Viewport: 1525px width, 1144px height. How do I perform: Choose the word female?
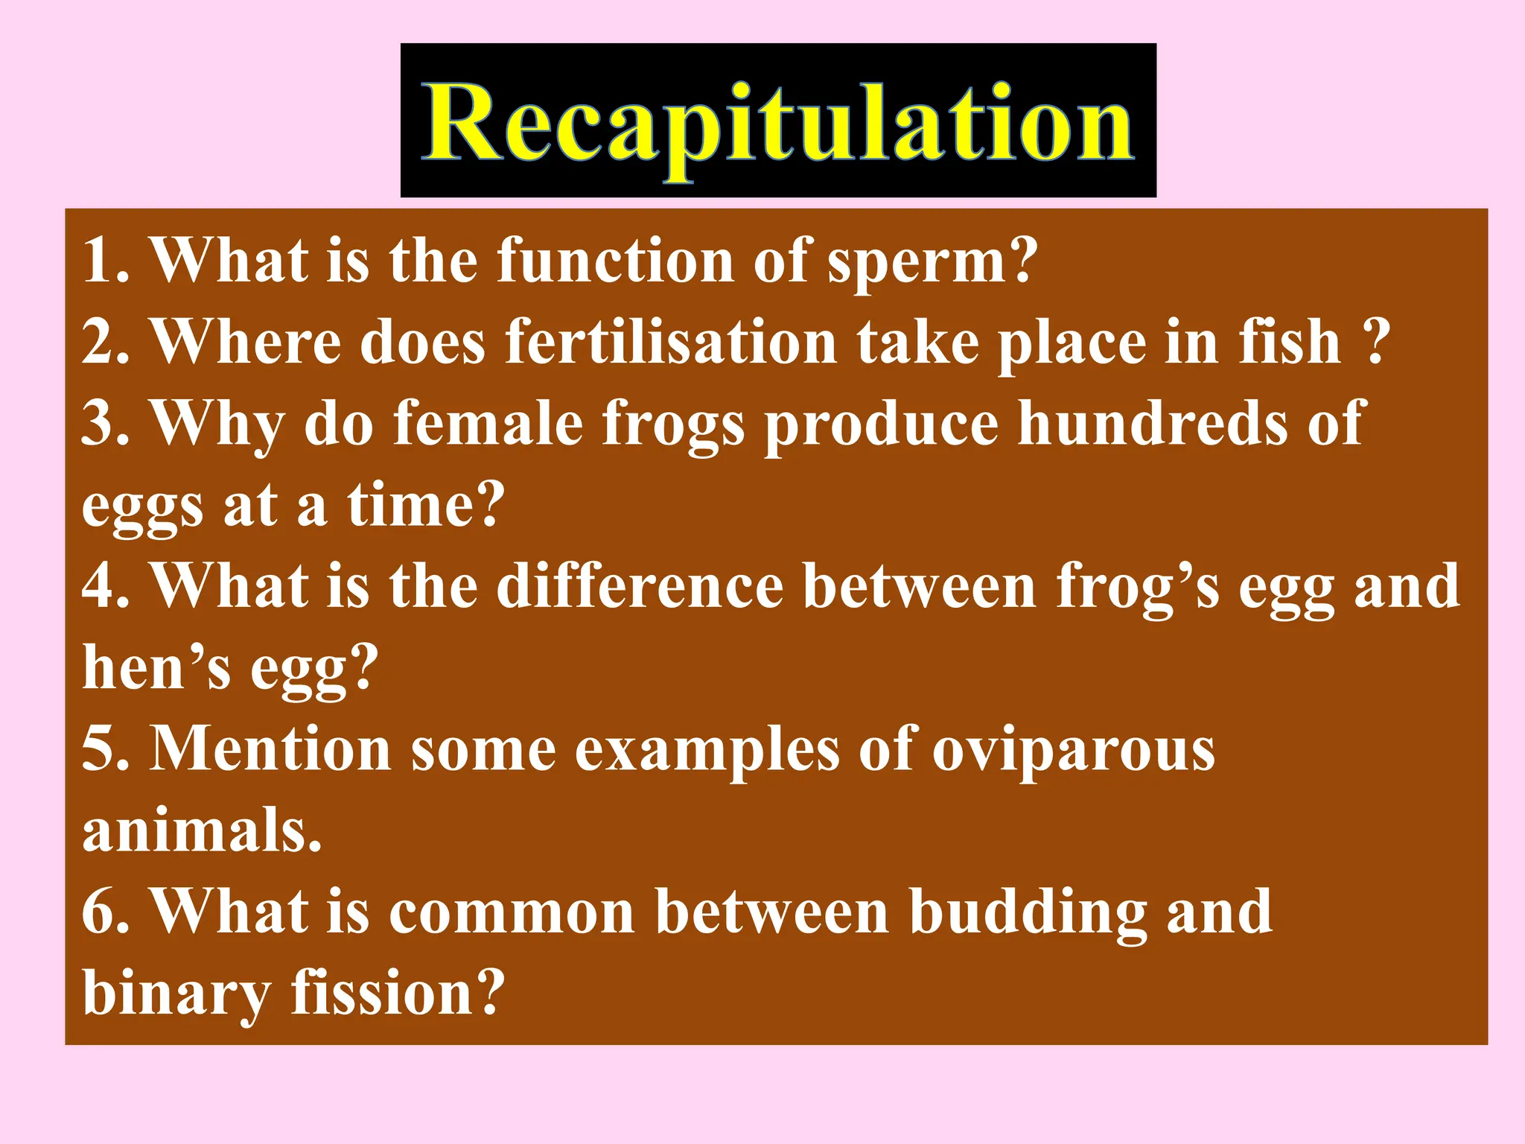pyautogui.click(x=488, y=423)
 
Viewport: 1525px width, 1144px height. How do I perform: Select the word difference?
pyautogui.click(x=640, y=586)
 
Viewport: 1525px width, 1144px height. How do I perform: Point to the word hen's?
pyautogui.click(x=156, y=667)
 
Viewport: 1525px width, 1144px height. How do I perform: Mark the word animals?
pyautogui.click(x=201, y=830)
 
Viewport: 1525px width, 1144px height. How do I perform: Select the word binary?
pyautogui.click(x=176, y=993)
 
